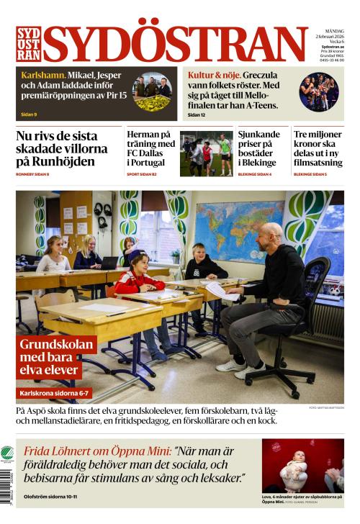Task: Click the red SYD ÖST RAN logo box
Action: tap(28, 44)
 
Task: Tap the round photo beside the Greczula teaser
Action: tap(319, 91)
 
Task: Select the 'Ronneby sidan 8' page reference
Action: tap(32, 174)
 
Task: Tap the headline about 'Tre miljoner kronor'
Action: tap(318, 148)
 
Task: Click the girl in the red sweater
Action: tap(138, 277)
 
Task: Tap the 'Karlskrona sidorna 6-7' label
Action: tap(55, 394)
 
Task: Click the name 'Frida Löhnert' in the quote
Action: tap(69, 451)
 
